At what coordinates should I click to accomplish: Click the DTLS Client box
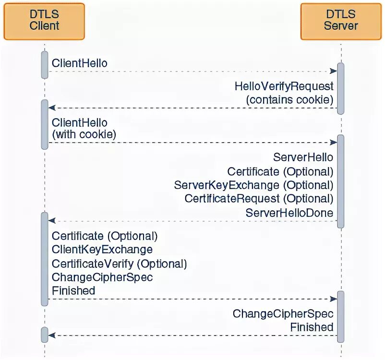tap(44, 21)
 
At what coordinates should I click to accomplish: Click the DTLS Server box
tap(341, 21)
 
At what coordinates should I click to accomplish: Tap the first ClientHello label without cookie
tap(80, 63)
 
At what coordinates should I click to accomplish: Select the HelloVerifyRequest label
tap(284, 86)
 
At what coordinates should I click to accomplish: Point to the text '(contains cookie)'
tap(289, 100)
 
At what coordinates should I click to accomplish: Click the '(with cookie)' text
tap(84, 135)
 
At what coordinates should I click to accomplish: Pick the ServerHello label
tap(303, 157)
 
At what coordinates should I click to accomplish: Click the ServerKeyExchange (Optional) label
tap(253, 185)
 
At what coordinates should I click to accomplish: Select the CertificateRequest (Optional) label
tap(259, 198)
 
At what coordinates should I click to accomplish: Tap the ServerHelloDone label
tap(289, 212)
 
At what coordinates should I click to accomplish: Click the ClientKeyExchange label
tap(102, 250)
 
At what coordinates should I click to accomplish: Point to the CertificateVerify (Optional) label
tap(119, 264)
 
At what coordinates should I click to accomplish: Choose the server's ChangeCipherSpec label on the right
tap(283, 314)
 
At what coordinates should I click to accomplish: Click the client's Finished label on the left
tap(73, 290)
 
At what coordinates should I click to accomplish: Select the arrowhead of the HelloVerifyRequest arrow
tap(52, 108)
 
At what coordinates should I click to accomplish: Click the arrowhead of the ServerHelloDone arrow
tap(52, 221)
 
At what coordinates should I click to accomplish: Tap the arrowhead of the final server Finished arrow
tap(52, 335)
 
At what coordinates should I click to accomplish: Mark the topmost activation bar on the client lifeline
tap(45, 64)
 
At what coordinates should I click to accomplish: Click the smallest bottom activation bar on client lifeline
tap(45, 335)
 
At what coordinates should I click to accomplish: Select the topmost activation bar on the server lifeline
tap(341, 88)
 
